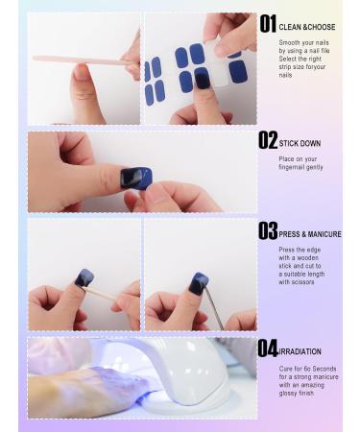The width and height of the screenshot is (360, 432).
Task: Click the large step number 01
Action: click(268, 25)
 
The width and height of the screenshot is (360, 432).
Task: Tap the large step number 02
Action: click(268, 141)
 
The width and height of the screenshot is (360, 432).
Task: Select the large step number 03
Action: click(268, 232)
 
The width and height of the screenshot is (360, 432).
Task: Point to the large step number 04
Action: click(268, 349)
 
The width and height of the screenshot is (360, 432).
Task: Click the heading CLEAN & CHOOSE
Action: click(307, 27)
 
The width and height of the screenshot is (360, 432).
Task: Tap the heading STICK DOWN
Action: click(300, 144)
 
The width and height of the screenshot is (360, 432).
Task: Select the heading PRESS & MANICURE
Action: click(310, 234)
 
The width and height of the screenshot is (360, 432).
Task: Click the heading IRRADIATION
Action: click(300, 352)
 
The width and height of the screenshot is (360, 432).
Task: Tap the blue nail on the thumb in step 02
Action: click(136, 178)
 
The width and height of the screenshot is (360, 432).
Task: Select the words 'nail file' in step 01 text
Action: click(313, 51)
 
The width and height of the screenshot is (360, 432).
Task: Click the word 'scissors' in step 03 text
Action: click(297, 282)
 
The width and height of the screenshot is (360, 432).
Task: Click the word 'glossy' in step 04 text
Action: click(290, 393)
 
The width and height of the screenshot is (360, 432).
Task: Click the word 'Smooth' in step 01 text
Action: click(291, 43)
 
